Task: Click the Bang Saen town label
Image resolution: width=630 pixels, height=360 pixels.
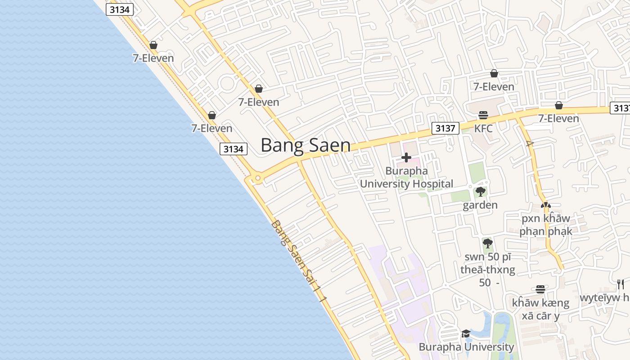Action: [x=306, y=145]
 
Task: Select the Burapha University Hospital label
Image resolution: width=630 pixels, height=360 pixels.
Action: [x=406, y=177]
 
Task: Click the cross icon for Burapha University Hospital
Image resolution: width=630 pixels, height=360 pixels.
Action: [x=406, y=157]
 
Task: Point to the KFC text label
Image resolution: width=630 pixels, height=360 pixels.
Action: [x=483, y=129]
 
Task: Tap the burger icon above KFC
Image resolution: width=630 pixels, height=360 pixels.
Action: [x=483, y=115]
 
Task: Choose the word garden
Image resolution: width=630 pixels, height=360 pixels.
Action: [x=480, y=205]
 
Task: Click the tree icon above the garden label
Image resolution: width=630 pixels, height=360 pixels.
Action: [x=480, y=192]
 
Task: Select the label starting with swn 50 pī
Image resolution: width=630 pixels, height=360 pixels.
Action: [x=488, y=270]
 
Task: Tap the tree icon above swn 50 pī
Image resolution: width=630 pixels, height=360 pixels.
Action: [x=487, y=243]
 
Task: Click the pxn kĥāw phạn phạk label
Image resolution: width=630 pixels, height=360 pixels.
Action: [x=546, y=225]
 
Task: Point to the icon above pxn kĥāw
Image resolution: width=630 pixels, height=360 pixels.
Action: [x=545, y=205]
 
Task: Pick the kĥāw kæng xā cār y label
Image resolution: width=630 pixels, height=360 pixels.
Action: [x=540, y=309]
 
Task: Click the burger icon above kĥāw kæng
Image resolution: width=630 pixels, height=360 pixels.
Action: [x=540, y=289]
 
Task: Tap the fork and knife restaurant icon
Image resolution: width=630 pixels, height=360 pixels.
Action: [x=621, y=284]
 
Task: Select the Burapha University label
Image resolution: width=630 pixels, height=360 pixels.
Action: [x=466, y=347]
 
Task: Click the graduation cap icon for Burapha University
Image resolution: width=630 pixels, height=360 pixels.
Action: [x=466, y=333]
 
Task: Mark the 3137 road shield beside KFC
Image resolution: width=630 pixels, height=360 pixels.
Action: [x=445, y=128]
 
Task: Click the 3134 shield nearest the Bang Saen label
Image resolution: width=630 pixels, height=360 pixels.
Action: [x=234, y=149]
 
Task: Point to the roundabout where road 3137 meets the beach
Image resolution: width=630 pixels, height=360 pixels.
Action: [x=257, y=179]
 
